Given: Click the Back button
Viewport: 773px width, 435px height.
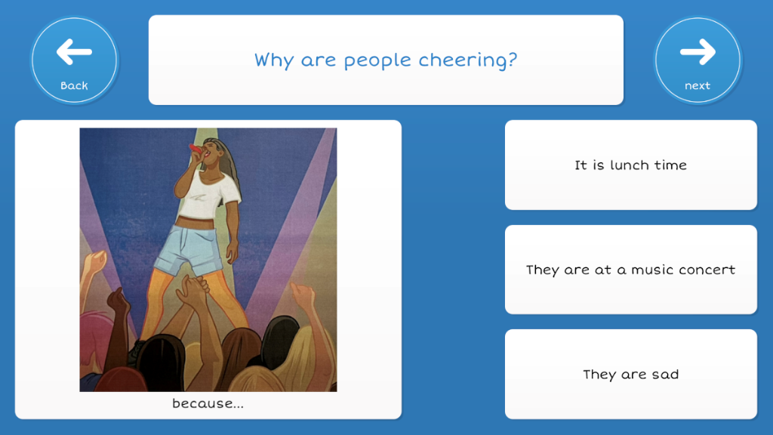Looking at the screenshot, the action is coord(74,60).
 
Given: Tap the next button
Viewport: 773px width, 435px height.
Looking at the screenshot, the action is coord(698,60).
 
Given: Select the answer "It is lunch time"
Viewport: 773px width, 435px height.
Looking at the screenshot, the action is coord(630,165).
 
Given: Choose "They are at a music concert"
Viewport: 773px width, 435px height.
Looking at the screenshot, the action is coord(630,270).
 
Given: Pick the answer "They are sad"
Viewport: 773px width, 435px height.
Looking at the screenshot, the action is coord(630,375).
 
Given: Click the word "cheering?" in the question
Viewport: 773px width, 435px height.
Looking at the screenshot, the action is coord(468,60).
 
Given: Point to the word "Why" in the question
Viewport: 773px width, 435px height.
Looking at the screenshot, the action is coord(274,60).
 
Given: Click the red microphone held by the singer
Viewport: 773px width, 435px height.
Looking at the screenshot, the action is coord(196,148).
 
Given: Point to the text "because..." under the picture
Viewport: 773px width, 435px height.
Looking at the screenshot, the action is coord(208,403).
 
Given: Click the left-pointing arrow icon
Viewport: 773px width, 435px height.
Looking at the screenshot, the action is coord(74,52).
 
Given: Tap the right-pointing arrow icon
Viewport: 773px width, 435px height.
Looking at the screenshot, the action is coord(698,52).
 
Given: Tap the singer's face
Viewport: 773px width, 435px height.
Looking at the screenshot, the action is coord(211,150).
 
